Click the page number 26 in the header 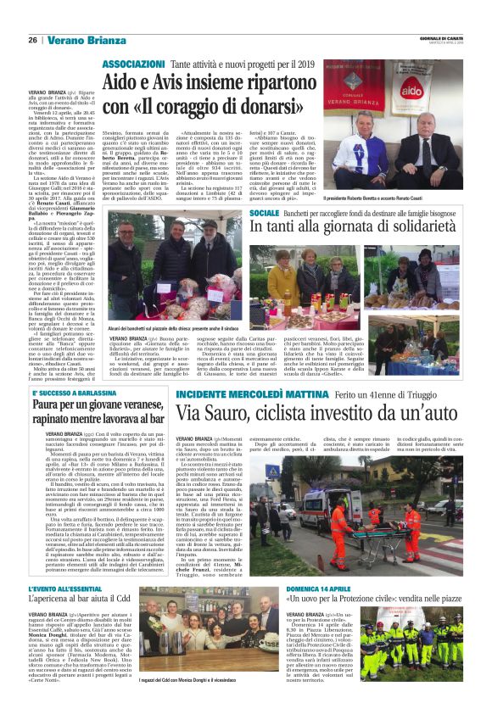32,40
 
